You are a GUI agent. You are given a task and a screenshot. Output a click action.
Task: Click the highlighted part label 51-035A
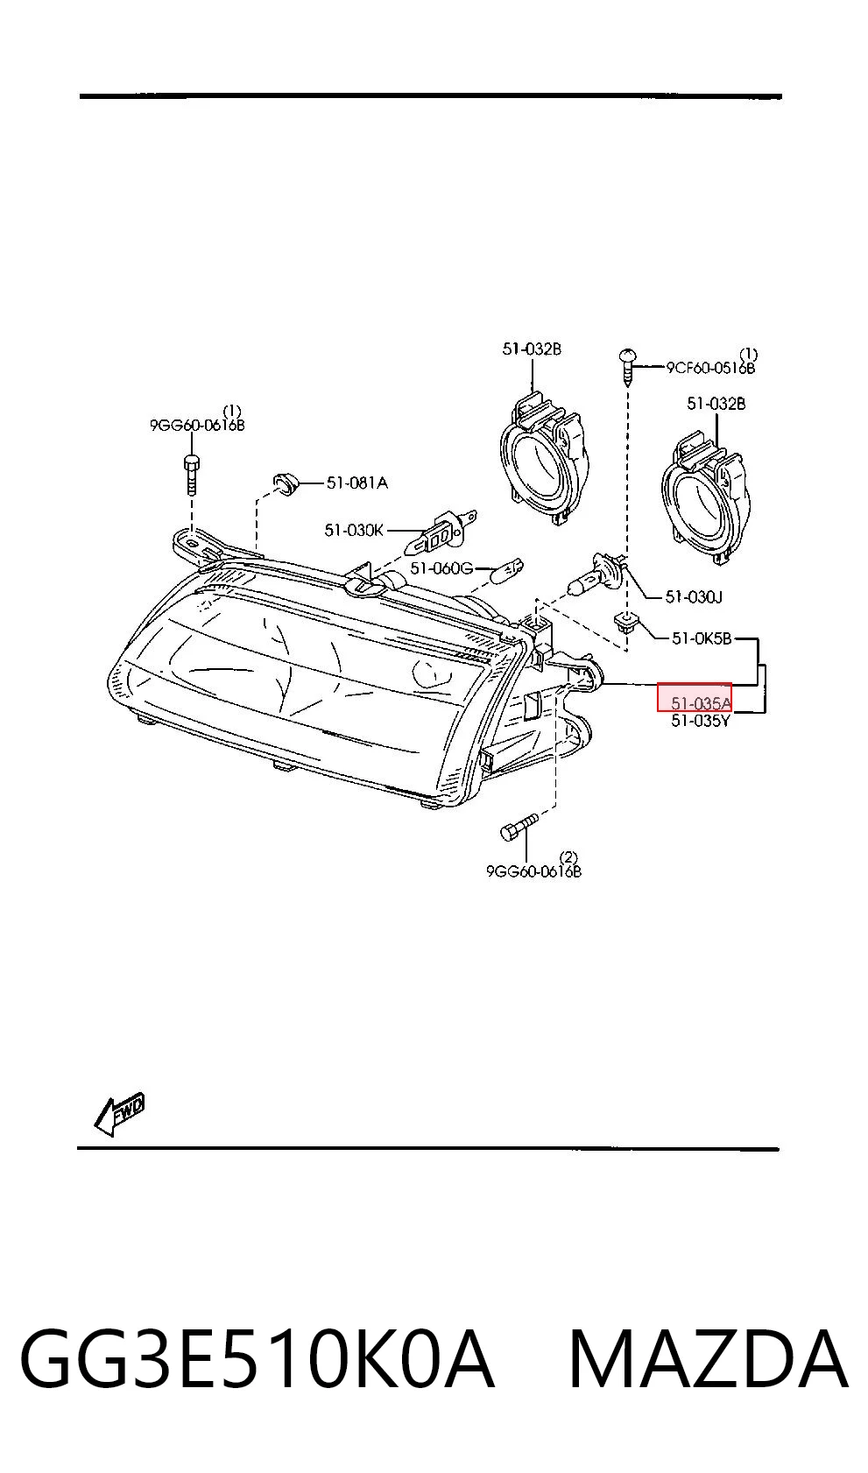(701, 703)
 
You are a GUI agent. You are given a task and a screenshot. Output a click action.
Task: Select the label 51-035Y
(701, 721)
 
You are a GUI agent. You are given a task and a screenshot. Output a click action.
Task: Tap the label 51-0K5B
(702, 638)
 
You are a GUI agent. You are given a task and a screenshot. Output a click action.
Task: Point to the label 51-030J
(694, 597)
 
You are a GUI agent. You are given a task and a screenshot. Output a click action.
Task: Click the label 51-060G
(442, 568)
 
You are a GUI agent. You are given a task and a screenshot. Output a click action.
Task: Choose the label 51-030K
(354, 530)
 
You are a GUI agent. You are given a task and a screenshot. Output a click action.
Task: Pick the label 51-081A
(357, 483)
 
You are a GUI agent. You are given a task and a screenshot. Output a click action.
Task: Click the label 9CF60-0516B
(711, 368)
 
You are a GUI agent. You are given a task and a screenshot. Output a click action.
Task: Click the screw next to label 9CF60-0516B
(628, 367)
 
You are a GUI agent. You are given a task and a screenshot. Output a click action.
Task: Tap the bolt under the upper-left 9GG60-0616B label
(191, 474)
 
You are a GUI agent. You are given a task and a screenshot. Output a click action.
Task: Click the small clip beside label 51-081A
(286, 484)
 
